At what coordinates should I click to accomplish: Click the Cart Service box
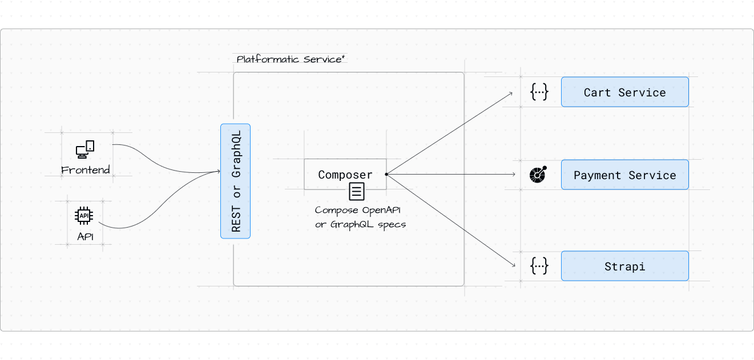point(624,92)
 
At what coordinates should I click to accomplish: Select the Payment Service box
point(624,175)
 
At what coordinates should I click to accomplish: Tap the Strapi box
point(624,266)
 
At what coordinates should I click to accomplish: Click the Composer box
point(345,174)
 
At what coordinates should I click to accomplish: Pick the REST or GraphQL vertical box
point(235,181)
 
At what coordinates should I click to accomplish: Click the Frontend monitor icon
point(85,150)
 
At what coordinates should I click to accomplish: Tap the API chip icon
point(84,216)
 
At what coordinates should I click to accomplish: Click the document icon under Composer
point(357,191)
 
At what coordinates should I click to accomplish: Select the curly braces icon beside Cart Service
point(539,92)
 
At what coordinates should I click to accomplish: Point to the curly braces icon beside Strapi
point(539,266)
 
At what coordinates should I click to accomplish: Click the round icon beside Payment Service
point(538,175)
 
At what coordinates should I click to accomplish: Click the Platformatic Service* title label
point(291,59)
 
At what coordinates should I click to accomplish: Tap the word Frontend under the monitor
point(86,170)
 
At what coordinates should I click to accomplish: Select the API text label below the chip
point(85,236)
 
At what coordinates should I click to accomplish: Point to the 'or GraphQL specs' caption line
point(360,224)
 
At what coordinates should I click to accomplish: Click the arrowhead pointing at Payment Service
point(514,174)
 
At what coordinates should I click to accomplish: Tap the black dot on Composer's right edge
point(386,174)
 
